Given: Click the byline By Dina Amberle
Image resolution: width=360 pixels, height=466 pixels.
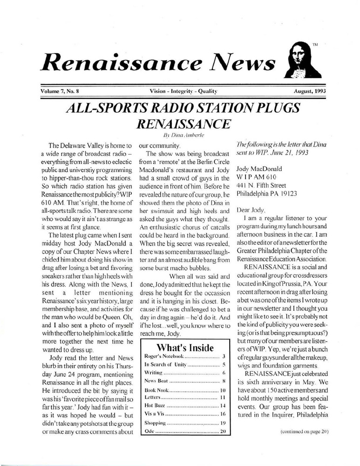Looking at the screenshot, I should coord(180,133).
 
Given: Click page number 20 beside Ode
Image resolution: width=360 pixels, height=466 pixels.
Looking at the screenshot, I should coord(223,432).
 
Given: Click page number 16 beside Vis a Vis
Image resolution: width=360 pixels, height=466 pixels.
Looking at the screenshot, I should coord(223,415).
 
